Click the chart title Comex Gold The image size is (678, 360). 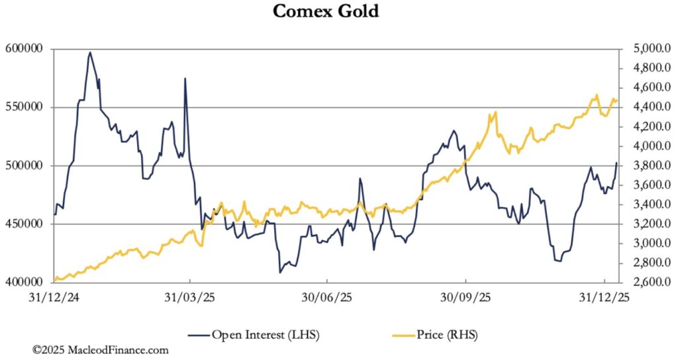(326, 11)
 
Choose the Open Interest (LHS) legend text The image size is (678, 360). (265, 335)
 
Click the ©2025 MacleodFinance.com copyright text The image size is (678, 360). (101, 349)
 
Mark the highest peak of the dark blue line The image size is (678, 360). (90, 52)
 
